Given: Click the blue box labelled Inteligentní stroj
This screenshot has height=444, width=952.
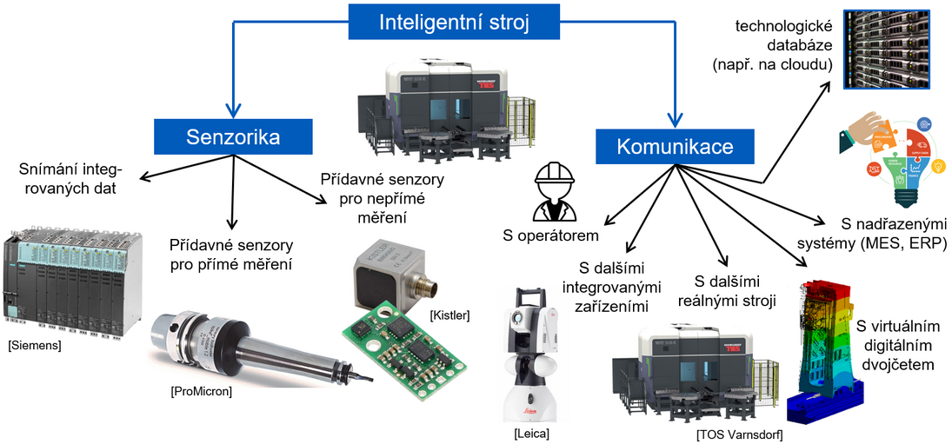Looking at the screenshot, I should coord(453,22).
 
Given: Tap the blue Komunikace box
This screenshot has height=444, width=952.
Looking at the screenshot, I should coord(674,146).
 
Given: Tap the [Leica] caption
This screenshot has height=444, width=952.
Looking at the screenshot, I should coord(532,432).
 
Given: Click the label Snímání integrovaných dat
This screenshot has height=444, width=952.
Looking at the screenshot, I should coord(70,177).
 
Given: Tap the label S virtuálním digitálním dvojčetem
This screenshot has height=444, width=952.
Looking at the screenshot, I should coord(895,346).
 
